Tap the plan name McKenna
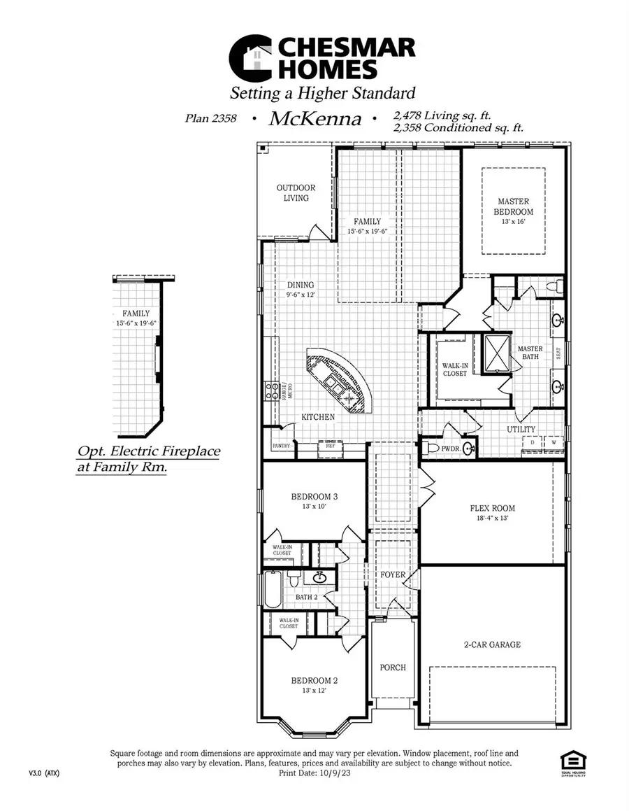click(x=315, y=119)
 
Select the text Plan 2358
click(x=210, y=119)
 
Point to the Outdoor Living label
click(x=296, y=192)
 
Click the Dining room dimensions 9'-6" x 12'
click(x=301, y=295)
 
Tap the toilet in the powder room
click(x=433, y=448)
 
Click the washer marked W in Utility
click(x=554, y=443)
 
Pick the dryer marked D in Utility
click(x=533, y=443)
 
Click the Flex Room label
click(x=492, y=508)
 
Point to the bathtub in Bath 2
click(x=273, y=589)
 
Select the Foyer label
click(x=392, y=574)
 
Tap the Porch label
click(x=392, y=668)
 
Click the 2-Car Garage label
click(x=492, y=644)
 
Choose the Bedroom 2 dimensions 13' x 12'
click(x=314, y=690)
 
